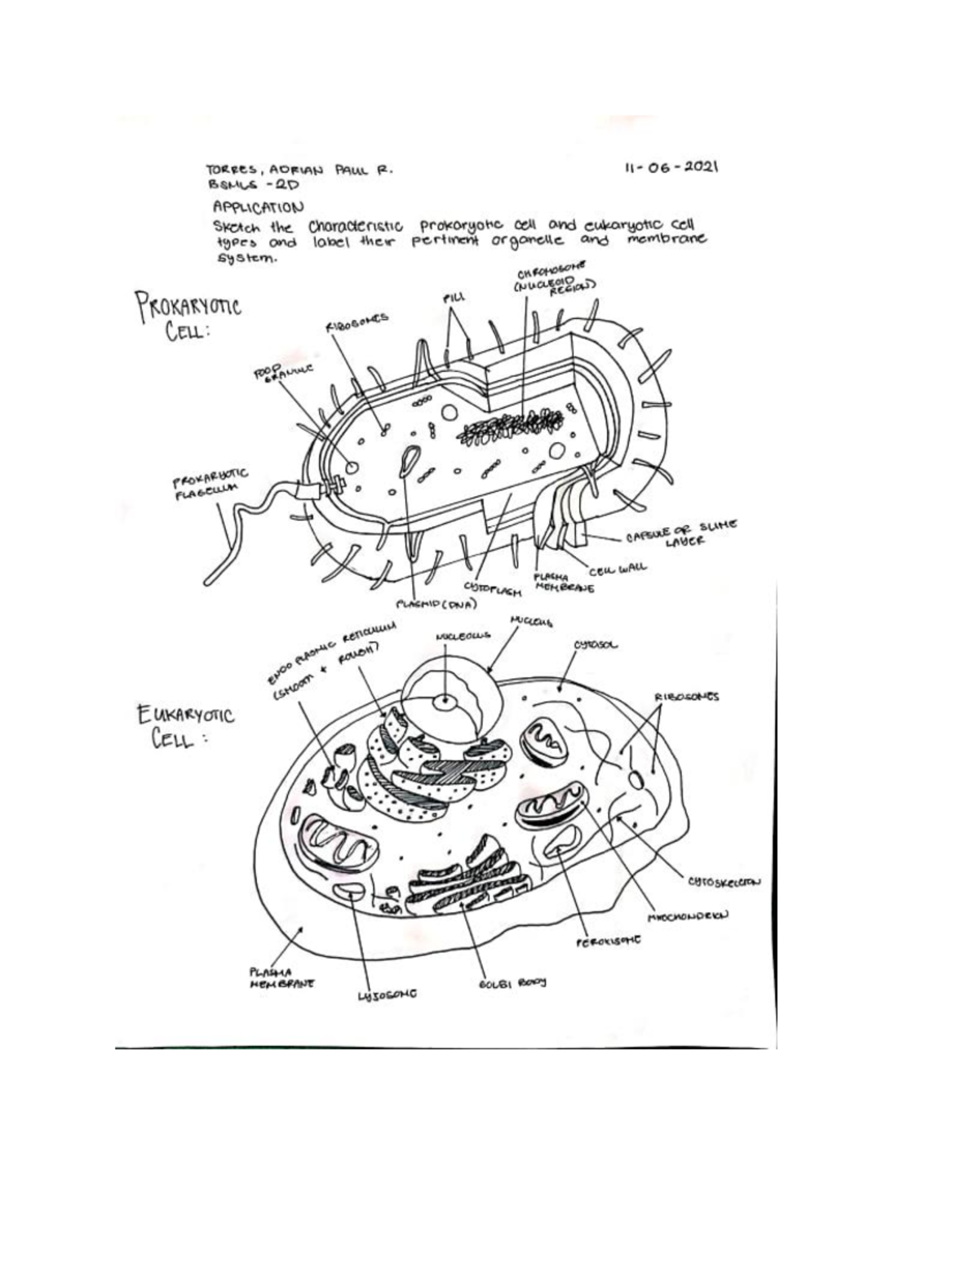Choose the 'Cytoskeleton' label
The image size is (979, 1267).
click(724, 881)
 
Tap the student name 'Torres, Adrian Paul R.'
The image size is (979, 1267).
click(299, 171)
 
